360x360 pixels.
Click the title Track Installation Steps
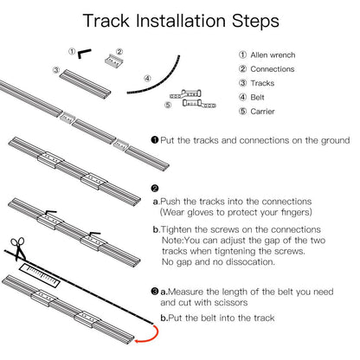point(179,20)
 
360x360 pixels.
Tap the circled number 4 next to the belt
point(147,77)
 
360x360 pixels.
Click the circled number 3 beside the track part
point(55,69)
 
